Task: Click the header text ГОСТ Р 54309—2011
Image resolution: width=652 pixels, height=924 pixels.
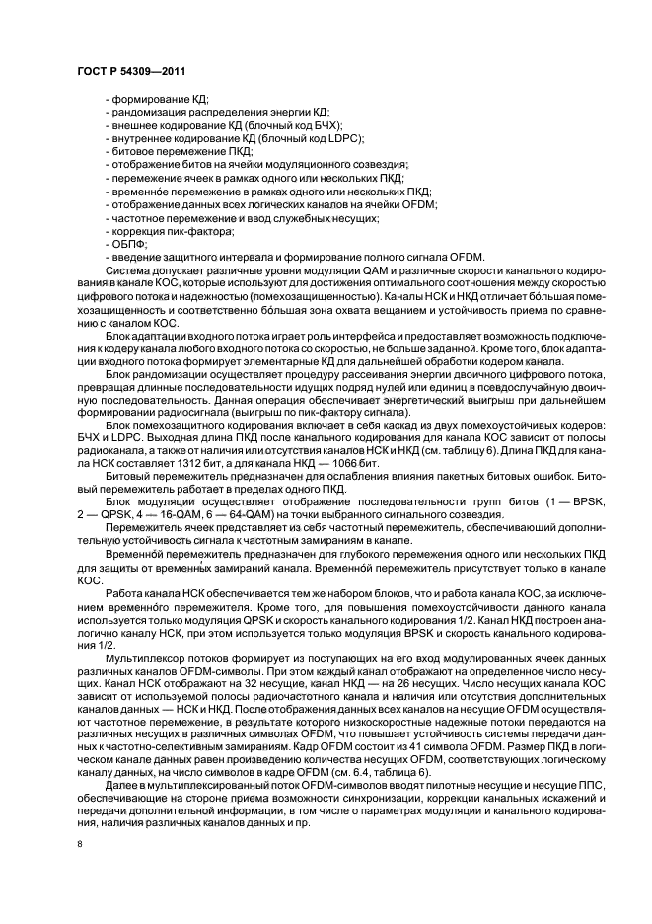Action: [x=130, y=72]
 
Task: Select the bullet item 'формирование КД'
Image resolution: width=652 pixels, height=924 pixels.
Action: [x=148, y=100]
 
